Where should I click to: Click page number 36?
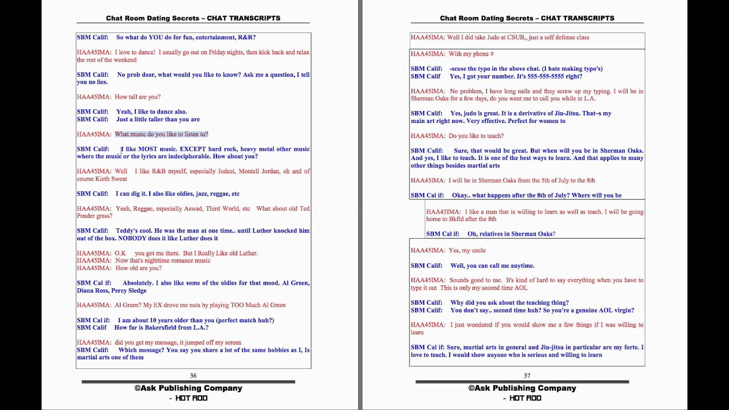tap(193, 376)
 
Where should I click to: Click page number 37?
tap(527, 376)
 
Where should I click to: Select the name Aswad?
tap(191, 208)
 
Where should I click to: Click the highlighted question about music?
tap(161, 134)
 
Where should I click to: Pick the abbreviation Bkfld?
tap(456, 219)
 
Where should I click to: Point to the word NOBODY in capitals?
tap(132, 239)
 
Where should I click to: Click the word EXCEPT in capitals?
tap(193, 149)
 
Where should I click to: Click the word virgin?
tap(622, 310)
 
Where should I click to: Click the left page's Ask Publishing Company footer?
tap(189, 388)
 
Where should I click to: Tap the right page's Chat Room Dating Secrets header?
tap(527, 18)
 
